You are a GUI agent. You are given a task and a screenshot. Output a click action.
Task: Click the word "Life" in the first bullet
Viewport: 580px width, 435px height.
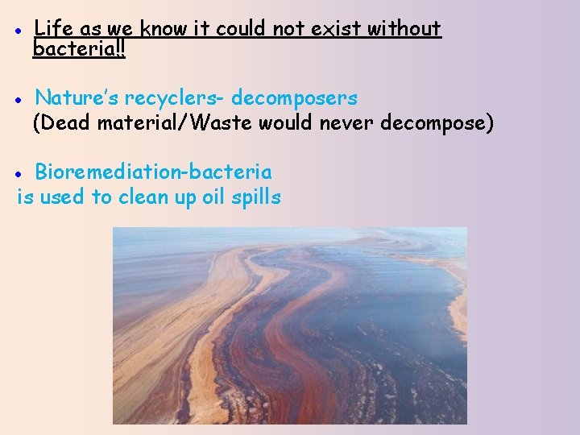pos(54,29)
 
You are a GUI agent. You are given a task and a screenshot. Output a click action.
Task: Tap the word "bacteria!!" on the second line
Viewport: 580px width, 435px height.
pos(78,48)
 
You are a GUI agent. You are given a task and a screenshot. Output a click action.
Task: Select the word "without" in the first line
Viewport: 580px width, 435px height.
pos(404,29)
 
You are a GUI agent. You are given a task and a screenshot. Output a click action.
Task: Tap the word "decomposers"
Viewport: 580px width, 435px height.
pos(295,98)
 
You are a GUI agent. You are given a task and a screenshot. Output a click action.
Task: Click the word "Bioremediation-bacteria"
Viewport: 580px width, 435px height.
pos(153,172)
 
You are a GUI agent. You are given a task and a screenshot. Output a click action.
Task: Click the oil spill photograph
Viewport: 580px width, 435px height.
pos(290,325)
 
